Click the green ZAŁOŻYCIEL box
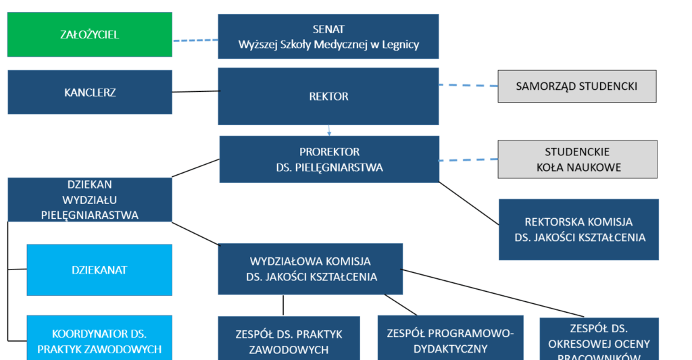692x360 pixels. click(x=89, y=34)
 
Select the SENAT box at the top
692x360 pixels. click(x=328, y=36)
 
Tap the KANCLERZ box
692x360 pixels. click(x=90, y=93)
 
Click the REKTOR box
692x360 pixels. click(x=328, y=97)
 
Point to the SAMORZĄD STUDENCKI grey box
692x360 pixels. click(x=576, y=86)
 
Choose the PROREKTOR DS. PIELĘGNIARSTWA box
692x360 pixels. click(x=329, y=159)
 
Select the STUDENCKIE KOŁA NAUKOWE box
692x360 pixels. click(x=576, y=159)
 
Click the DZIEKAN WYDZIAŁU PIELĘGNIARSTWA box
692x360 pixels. click(x=90, y=199)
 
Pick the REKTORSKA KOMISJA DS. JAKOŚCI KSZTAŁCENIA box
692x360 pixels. click(x=578, y=230)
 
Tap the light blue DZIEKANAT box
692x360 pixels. click(x=99, y=270)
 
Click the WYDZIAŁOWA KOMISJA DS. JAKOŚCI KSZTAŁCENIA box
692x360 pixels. click(x=310, y=269)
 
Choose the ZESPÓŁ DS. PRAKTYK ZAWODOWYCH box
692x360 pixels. click(x=289, y=341)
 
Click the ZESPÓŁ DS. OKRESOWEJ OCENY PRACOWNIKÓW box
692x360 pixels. click(x=599, y=341)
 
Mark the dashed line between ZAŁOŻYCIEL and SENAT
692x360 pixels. click(x=195, y=41)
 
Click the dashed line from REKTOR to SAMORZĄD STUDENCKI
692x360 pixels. click(x=468, y=86)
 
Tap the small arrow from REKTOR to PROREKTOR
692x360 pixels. click(x=329, y=130)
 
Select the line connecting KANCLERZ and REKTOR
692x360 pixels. click(x=195, y=91)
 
